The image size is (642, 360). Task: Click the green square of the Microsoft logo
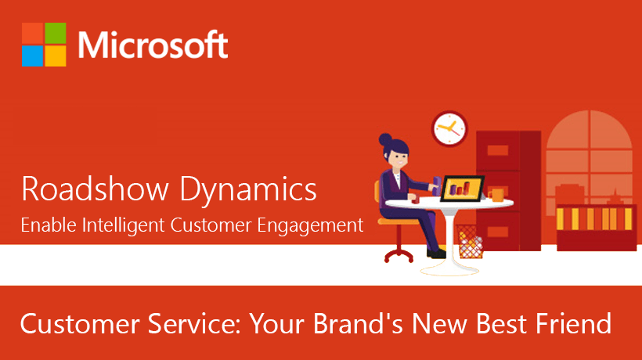click(56, 33)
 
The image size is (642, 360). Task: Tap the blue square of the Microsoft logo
click(32, 56)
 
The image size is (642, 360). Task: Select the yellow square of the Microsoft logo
click(56, 56)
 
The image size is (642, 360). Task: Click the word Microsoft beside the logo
click(153, 45)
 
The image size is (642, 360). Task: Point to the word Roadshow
click(95, 189)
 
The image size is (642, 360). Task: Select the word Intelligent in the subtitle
click(123, 225)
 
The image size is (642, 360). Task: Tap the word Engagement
click(310, 226)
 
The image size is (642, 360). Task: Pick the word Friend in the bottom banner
click(573, 323)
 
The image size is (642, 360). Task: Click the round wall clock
click(449, 128)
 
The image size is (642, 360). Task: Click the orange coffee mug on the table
click(496, 195)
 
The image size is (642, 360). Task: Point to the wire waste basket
click(469, 241)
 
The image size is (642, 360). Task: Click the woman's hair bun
click(385, 140)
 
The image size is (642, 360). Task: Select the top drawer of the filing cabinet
click(498, 150)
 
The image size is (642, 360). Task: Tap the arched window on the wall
click(590, 157)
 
